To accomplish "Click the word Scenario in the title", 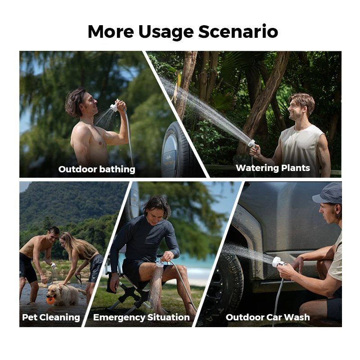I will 238,32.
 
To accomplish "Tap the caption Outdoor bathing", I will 97,169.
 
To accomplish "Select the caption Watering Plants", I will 273,168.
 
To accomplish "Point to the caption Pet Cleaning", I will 51,317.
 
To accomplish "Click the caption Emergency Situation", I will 141,317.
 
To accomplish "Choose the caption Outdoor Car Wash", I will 268,317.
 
